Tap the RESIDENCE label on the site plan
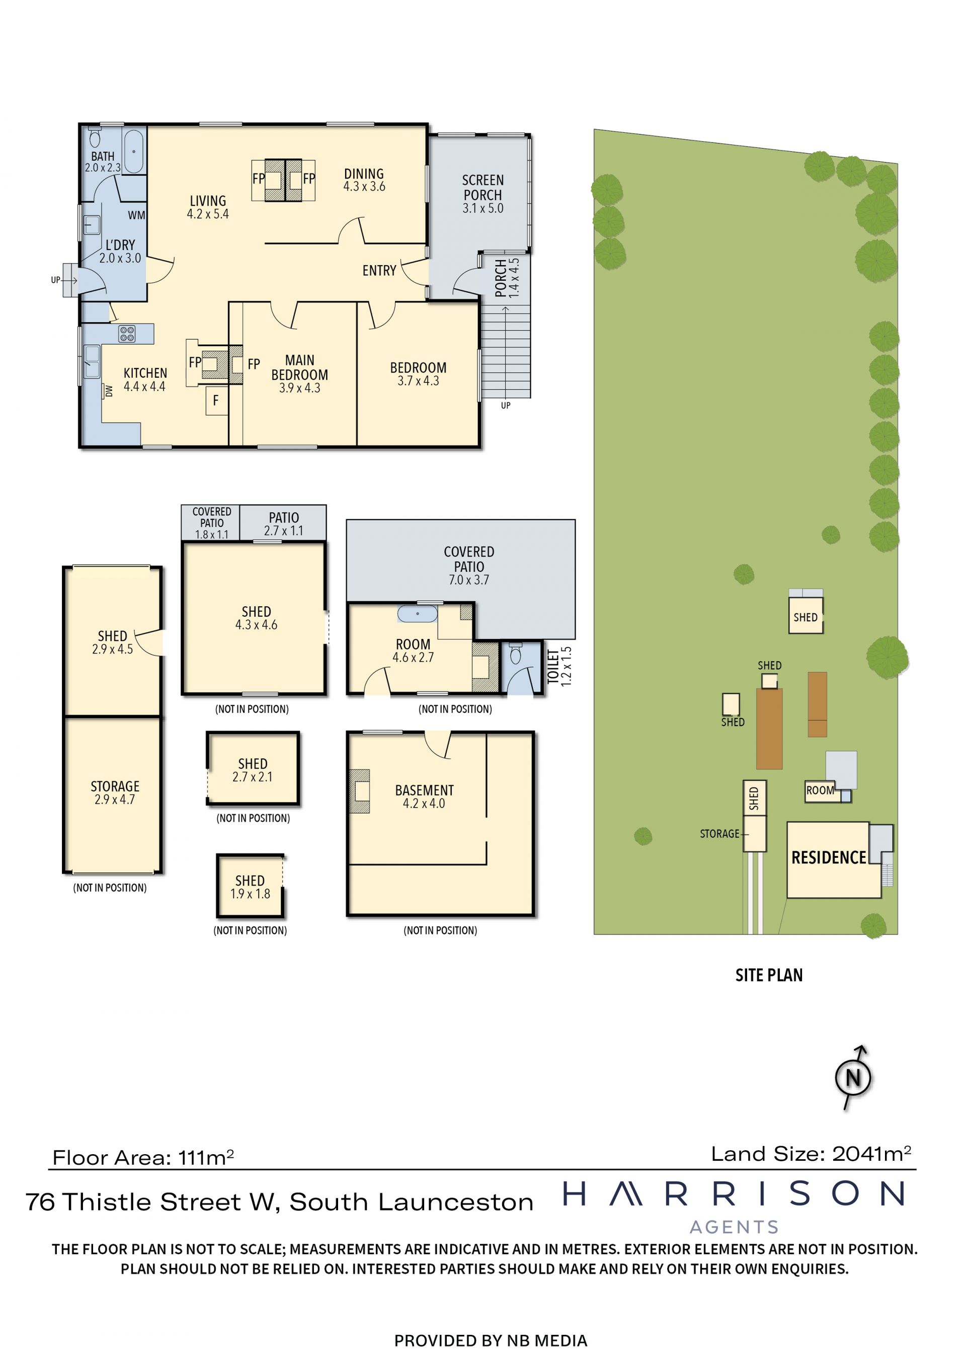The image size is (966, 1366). tap(829, 857)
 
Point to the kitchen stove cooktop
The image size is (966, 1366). tap(127, 334)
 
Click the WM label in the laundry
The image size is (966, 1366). tap(136, 215)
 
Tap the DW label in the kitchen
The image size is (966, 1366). tap(109, 391)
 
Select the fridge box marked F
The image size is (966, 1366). tap(216, 400)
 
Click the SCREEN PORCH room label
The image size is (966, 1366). tap(483, 187)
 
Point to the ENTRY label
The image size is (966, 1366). tap(379, 271)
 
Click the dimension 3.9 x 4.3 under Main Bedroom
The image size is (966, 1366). tap(300, 388)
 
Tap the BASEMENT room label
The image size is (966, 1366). tap(424, 790)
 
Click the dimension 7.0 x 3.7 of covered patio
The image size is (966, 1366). tap(469, 580)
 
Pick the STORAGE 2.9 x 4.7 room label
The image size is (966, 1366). tap(115, 792)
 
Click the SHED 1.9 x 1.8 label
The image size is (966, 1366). tap(250, 887)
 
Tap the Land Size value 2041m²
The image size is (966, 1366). tap(871, 1154)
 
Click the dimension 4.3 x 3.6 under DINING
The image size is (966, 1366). tap(364, 186)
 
